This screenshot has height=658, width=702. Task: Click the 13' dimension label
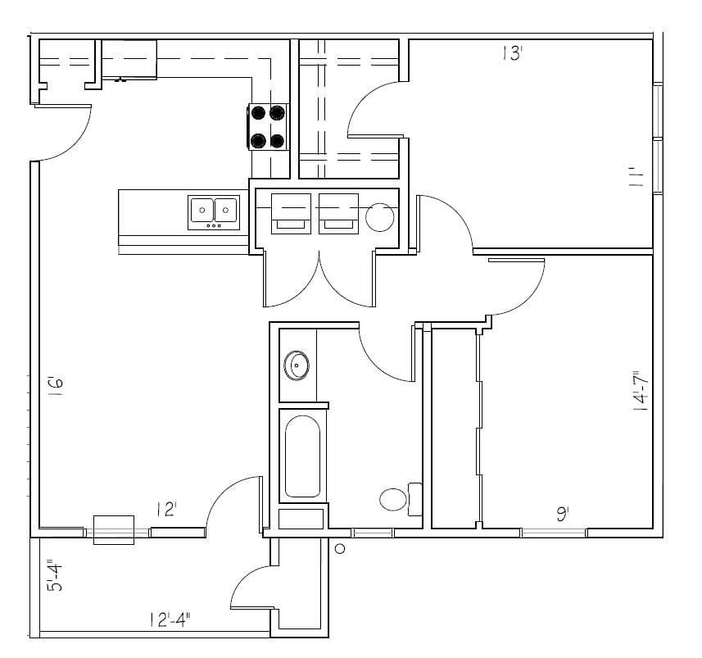[512, 55]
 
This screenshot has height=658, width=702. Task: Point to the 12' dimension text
[166, 510]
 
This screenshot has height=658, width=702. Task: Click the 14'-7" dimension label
[641, 391]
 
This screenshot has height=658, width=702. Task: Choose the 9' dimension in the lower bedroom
[563, 514]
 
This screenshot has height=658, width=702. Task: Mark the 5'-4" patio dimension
[52, 575]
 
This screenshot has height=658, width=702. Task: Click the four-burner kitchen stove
[269, 127]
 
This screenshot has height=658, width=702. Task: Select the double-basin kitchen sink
[214, 212]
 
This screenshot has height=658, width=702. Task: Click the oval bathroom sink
[297, 365]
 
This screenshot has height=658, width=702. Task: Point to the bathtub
[302, 457]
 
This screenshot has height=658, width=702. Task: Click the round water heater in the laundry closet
[380, 218]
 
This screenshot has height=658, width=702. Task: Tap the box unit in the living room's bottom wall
[113, 529]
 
